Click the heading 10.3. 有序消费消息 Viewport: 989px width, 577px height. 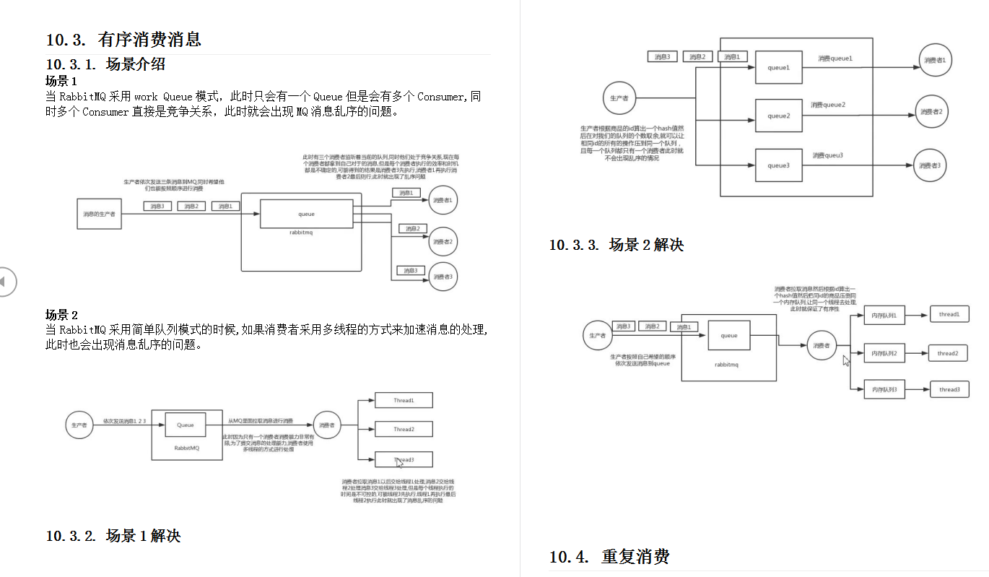pyautogui.click(x=123, y=40)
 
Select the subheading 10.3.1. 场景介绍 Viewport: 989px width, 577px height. pyautogui.click(x=105, y=64)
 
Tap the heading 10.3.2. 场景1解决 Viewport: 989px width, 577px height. pyautogui.click(x=113, y=536)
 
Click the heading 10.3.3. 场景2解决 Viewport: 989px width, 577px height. pyautogui.click(x=616, y=245)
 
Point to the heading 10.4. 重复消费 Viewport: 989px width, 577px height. pyautogui.click(x=609, y=557)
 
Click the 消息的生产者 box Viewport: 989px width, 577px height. pyautogui.click(x=99, y=214)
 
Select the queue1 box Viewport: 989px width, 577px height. pyautogui.click(x=778, y=67)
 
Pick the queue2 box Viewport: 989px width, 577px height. pyautogui.click(x=778, y=116)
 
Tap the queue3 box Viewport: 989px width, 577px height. pyautogui.click(x=778, y=165)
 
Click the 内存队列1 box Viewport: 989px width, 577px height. pyautogui.click(x=884, y=316)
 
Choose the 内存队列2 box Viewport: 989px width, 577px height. pyautogui.click(x=884, y=353)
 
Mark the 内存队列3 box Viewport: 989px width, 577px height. pyautogui.click(x=884, y=389)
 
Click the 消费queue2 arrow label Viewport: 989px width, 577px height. pyautogui.click(x=827, y=105)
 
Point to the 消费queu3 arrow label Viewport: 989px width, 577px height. pyautogui.click(x=827, y=155)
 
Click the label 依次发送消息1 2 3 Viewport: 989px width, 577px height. pyautogui.click(x=124, y=420)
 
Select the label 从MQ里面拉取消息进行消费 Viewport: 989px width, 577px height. pyautogui.click(x=261, y=420)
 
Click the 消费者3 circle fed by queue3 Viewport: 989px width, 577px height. pyautogui.click(x=930, y=165)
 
